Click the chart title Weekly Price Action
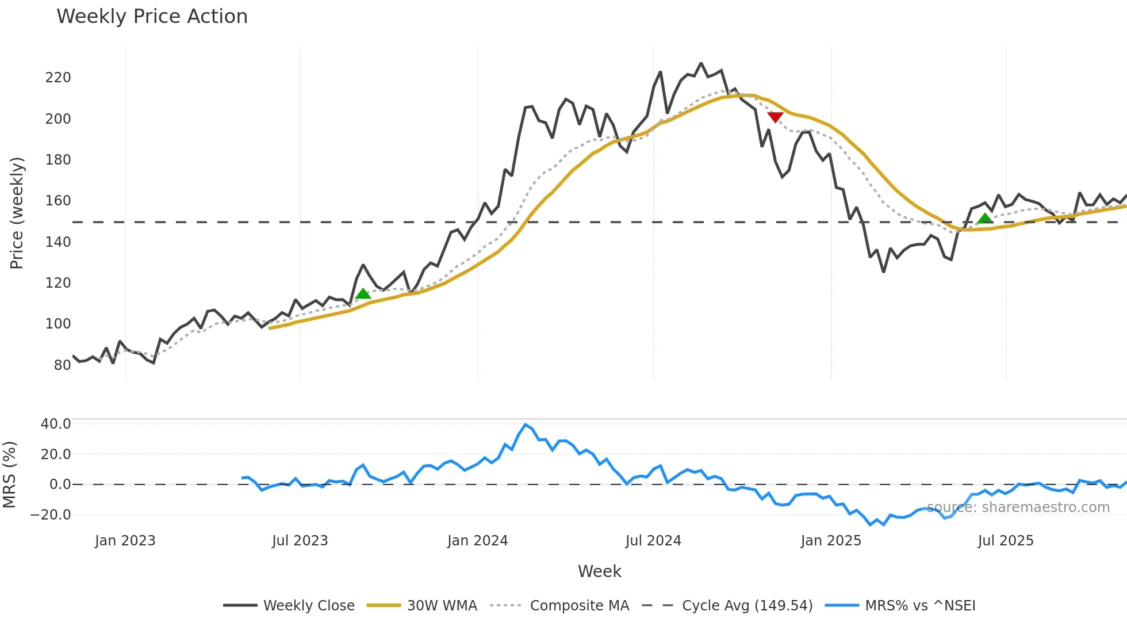coord(152,17)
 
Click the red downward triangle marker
coord(775,117)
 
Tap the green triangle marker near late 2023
coord(363,293)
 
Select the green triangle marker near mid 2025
coord(985,218)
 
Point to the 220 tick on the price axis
coord(58,78)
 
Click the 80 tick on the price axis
coord(62,365)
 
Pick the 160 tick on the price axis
coord(58,201)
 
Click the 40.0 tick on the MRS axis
coord(56,424)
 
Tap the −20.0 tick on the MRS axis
coord(51,515)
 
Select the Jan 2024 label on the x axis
coord(477,541)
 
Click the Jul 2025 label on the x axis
coord(1006,541)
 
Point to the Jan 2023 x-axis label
coord(125,541)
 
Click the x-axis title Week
coord(599,571)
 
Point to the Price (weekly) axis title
coord(17,213)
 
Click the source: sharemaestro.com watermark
coord(1018,507)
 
